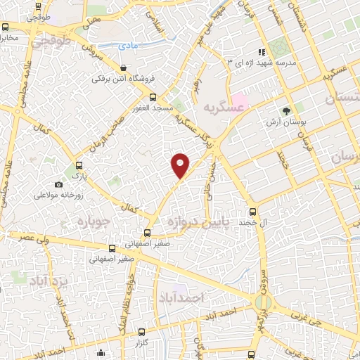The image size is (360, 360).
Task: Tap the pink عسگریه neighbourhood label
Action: pyautogui.click(x=217, y=107)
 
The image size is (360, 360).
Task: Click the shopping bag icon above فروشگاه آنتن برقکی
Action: pyautogui.click(x=123, y=68)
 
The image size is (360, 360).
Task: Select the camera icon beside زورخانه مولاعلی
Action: pyautogui.click(x=58, y=184)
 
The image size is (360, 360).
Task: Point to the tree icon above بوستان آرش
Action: pyautogui.click(x=286, y=111)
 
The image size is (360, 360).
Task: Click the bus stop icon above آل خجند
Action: pyautogui.click(x=252, y=211)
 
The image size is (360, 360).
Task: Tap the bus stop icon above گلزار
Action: pyautogui.click(x=141, y=331)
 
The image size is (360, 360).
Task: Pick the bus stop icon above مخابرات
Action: pyautogui.click(x=6, y=27)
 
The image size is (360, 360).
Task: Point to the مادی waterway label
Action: pyautogui.click(x=128, y=46)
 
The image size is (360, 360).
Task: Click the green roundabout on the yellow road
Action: pyautogui.click(x=263, y=304)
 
